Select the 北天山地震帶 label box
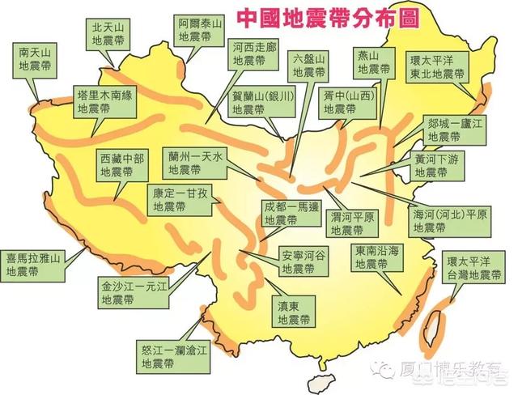click(107, 34)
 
